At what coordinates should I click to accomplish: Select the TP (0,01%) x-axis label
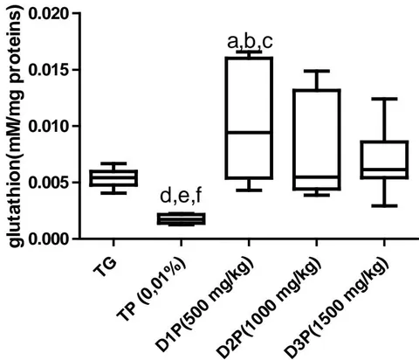[151, 289]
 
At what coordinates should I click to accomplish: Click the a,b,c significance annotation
[250, 43]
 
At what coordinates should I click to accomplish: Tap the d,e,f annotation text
[181, 196]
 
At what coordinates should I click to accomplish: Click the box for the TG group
[113, 178]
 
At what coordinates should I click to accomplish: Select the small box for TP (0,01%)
[181, 218]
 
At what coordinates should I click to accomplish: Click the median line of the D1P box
[249, 132]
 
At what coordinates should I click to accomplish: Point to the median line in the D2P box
[317, 177]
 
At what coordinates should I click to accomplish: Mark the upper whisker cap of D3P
[384, 99]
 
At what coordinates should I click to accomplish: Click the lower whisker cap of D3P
[384, 205]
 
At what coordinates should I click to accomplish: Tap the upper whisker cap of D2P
[317, 71]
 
